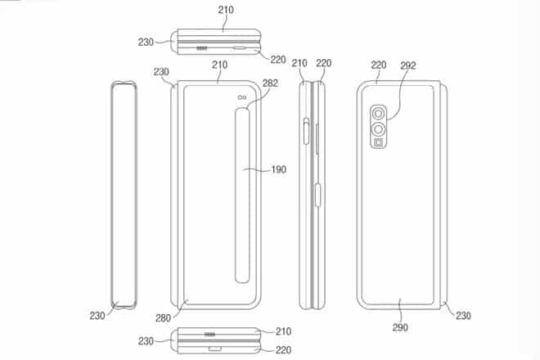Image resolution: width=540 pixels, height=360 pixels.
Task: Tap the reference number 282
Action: pos(270,83)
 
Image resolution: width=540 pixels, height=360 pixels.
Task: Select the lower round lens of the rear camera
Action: pos(380,129)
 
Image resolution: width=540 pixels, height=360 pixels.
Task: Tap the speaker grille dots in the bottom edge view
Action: pos(211,335)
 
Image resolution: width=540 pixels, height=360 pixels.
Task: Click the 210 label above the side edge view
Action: pos(299,62)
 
